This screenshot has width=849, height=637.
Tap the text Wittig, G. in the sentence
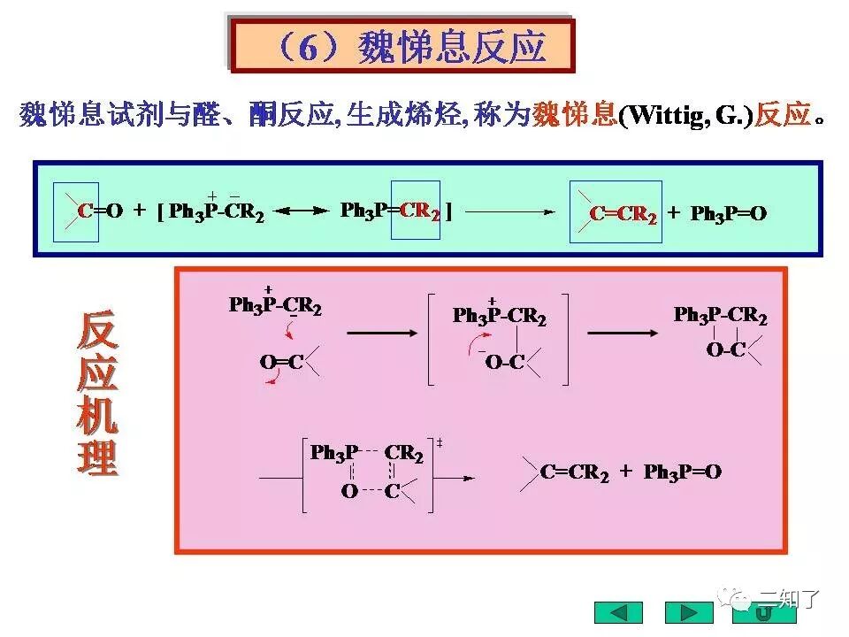point(685,116)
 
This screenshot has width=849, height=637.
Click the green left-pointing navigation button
point(618,612)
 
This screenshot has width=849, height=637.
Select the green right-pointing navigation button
point(688,612)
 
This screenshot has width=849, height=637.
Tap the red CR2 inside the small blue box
point(420,211)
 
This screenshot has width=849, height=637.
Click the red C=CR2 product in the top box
point(623,214)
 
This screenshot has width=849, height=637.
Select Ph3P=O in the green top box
point(728,214)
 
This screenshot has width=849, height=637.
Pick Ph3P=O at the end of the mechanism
point(683,472)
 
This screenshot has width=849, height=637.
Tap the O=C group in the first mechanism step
point(280,362)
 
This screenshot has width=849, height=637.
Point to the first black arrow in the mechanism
point(381,333)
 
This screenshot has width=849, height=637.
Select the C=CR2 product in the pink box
point(575,472)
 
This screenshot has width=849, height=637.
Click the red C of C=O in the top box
point(84,211)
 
